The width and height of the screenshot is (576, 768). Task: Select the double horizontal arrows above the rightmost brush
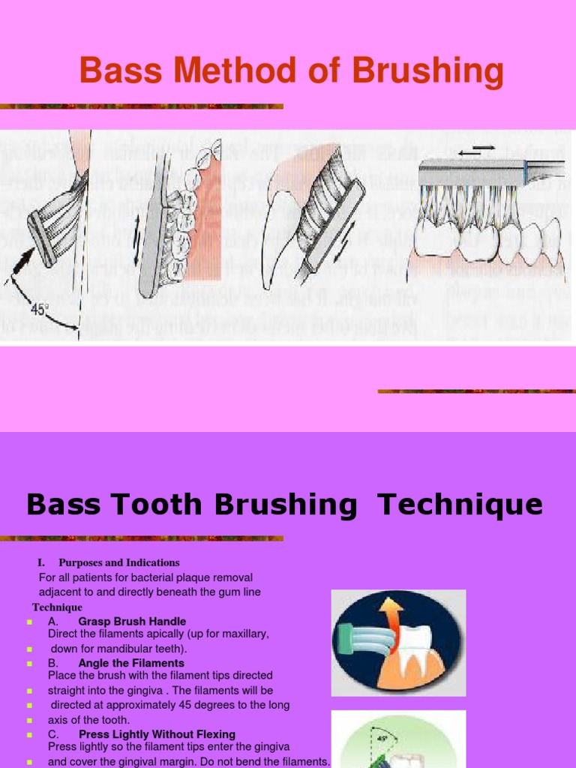tap(477, 151)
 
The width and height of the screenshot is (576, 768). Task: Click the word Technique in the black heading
tap(460, 505)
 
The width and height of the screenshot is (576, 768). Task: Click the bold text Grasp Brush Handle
tap(132, 622)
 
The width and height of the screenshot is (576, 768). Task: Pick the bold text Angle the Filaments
tap(131, 663)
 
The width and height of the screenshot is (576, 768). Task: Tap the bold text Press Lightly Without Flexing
tap(157, 734)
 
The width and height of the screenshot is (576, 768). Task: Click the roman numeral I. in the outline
tap(42, 562)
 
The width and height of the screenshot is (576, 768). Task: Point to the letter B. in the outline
tap(53, 663)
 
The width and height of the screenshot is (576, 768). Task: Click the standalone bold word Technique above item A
tap(57, 607)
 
